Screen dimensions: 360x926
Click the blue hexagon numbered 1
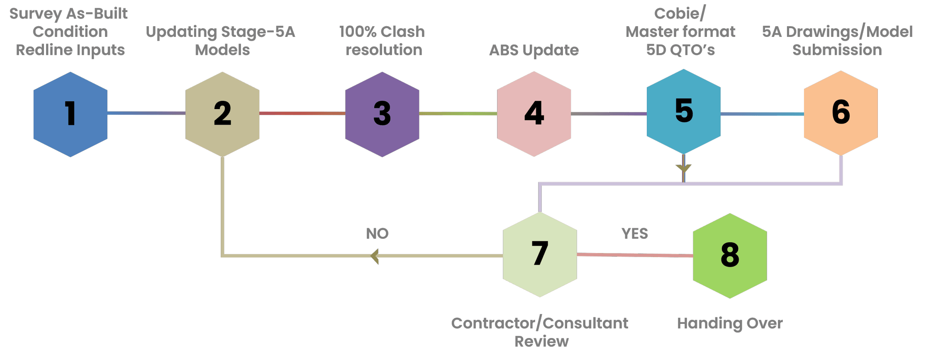point(70,114)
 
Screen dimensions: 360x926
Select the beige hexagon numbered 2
point(222,114)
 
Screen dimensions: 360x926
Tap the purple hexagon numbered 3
point(382,114)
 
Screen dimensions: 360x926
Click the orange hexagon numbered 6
point(841,113)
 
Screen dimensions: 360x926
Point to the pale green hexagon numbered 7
point(540,254)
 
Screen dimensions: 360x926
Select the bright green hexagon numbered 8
point(730,255)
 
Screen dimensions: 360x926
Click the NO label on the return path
point(377,234)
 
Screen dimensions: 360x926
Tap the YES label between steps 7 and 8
point(634,234)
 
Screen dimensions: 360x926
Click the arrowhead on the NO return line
point(375,256)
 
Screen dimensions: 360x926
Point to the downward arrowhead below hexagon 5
point(683,168)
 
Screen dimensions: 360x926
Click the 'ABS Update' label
point(534,50)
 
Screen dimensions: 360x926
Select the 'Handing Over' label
point(730,323)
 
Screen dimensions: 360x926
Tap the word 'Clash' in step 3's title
point(402,32)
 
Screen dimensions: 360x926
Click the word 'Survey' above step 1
point(36,14)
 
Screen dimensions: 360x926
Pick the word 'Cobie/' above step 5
point(680,14)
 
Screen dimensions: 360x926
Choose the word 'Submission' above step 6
point(837,50)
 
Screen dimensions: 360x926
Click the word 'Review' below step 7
point(541,341)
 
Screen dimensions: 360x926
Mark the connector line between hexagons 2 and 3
point(302,113)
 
